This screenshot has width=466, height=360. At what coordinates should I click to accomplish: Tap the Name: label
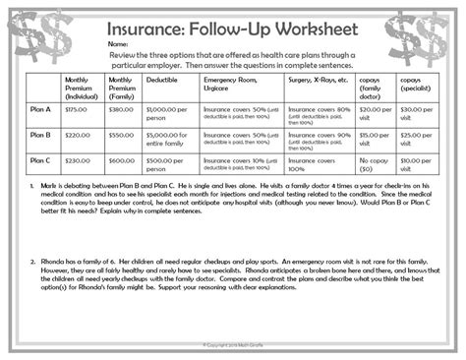118,44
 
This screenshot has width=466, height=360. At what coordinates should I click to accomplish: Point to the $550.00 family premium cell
120,135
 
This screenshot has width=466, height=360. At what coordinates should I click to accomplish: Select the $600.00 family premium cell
120,160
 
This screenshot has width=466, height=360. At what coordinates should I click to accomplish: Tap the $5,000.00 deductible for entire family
168,138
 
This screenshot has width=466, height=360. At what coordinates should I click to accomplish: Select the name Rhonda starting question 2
55,261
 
